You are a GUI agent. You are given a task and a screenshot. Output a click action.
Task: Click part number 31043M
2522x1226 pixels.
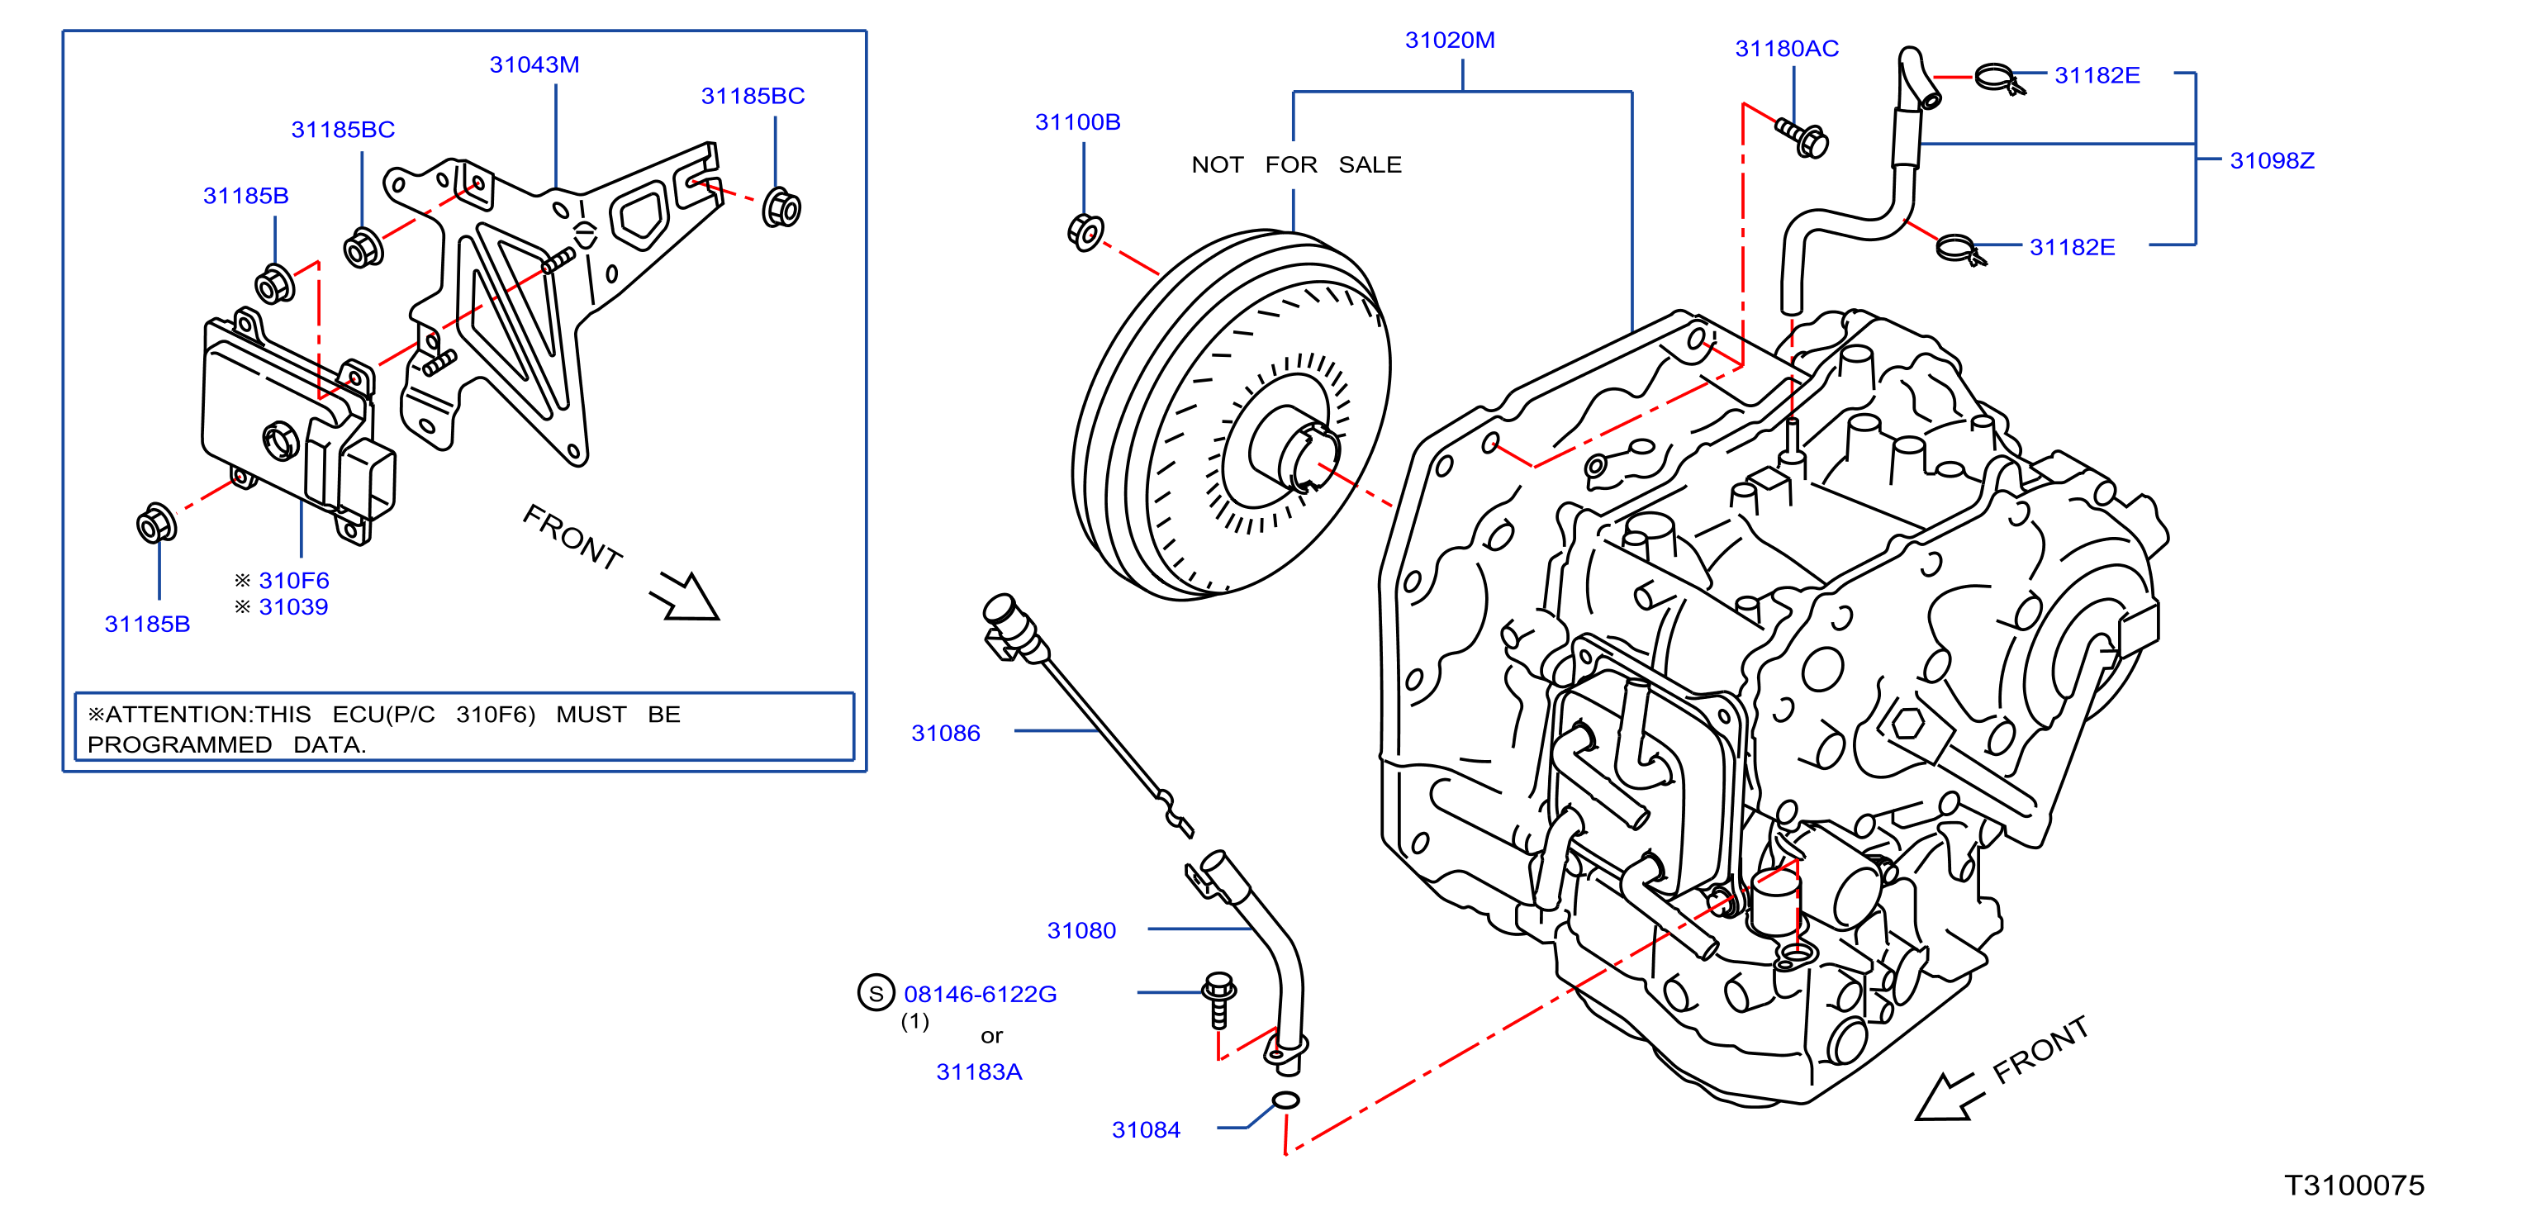coord(534,64)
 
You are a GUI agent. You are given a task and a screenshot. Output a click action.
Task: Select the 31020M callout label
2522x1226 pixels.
coord(1450,40)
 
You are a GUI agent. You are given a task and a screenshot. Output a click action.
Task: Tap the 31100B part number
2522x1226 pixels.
coord(1078,122)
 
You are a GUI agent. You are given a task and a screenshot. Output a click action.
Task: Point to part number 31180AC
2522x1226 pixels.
coord(1787,49)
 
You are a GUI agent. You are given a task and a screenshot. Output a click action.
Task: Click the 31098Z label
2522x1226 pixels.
coord(2273,160)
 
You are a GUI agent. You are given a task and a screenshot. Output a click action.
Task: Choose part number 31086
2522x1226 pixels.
coord(946,734)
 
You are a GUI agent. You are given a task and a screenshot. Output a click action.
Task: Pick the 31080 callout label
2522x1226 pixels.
coord(1082,930)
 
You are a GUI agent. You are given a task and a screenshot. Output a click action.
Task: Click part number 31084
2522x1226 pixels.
coord(1147,1130)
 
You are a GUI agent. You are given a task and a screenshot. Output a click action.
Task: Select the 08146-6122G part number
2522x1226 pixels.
coord(980,994)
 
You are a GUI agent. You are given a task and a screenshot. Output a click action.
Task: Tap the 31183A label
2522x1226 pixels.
coord(979,1072)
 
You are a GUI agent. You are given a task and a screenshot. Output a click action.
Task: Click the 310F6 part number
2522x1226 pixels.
coord(294,581)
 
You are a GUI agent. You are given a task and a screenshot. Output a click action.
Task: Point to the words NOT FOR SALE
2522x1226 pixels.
coord(1296,164)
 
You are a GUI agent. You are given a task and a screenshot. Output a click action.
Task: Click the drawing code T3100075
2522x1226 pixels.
coord(2354,1186)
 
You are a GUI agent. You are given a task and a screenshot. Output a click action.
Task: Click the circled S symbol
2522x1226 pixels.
coord(876,993)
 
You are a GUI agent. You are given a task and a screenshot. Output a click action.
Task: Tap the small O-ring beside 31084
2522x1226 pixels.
coord(1285,1100)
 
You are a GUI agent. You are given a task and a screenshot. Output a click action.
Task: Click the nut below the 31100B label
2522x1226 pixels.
coord(1085,232)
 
